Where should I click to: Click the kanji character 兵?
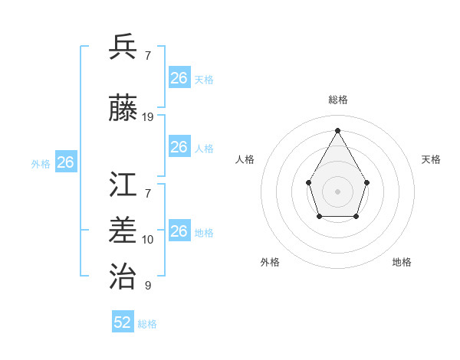123,47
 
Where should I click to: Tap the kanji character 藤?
123,109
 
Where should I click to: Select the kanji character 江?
123,185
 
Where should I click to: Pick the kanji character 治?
123,276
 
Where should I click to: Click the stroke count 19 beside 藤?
148,117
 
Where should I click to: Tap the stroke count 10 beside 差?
148,240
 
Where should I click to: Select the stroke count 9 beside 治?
148,286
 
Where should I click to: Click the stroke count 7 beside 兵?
148,56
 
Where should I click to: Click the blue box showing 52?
123,322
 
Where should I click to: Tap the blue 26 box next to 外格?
66,162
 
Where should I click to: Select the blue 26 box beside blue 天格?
179,78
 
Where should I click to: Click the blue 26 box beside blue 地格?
179,231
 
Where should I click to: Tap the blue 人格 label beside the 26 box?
204,149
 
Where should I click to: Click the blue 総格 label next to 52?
147,324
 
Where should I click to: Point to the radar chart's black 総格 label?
337,100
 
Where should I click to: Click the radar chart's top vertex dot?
337,130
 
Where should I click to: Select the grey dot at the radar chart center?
337,191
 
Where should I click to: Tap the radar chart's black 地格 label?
402,263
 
